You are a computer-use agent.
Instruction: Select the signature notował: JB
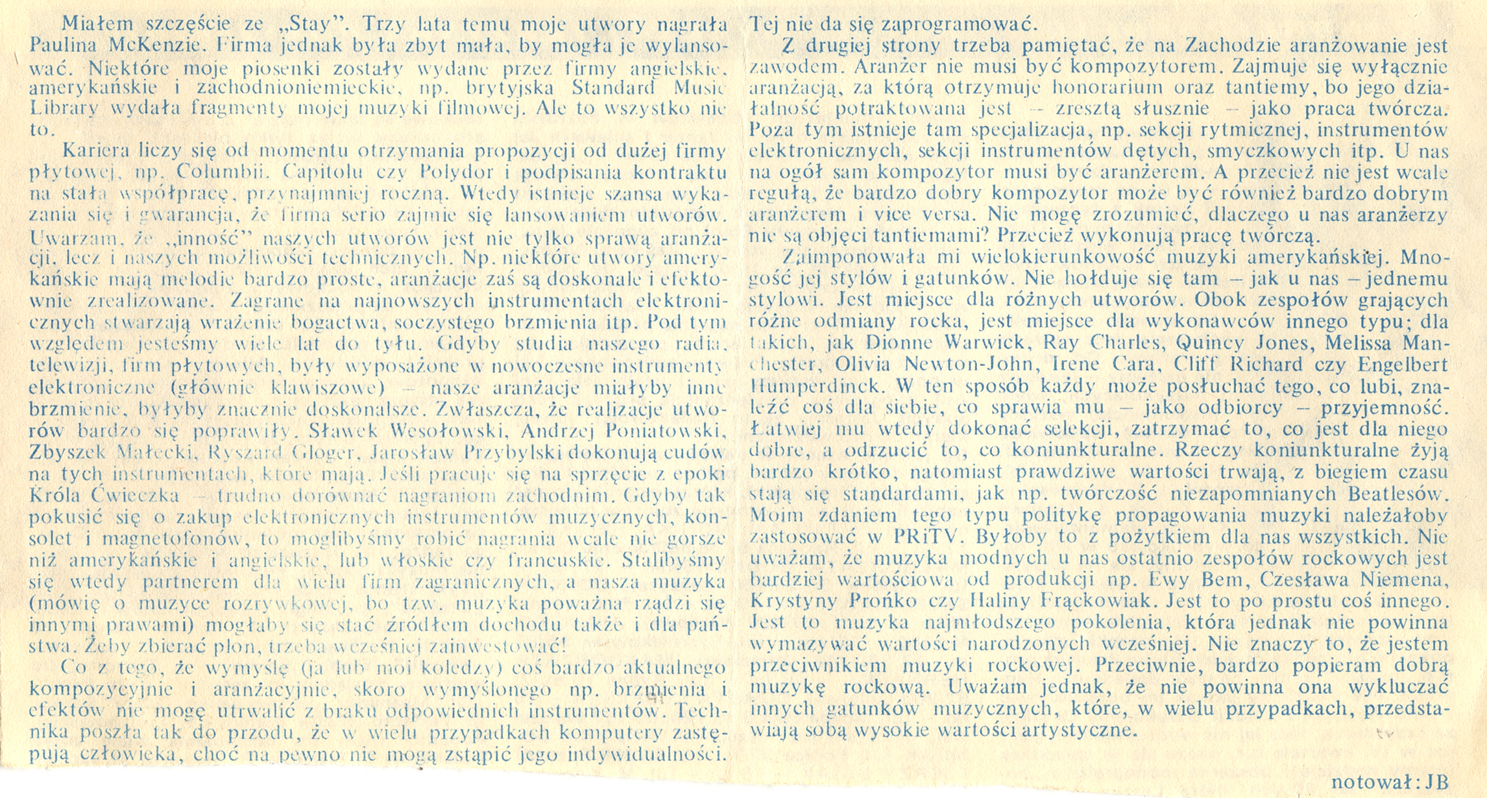point(1389,782)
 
